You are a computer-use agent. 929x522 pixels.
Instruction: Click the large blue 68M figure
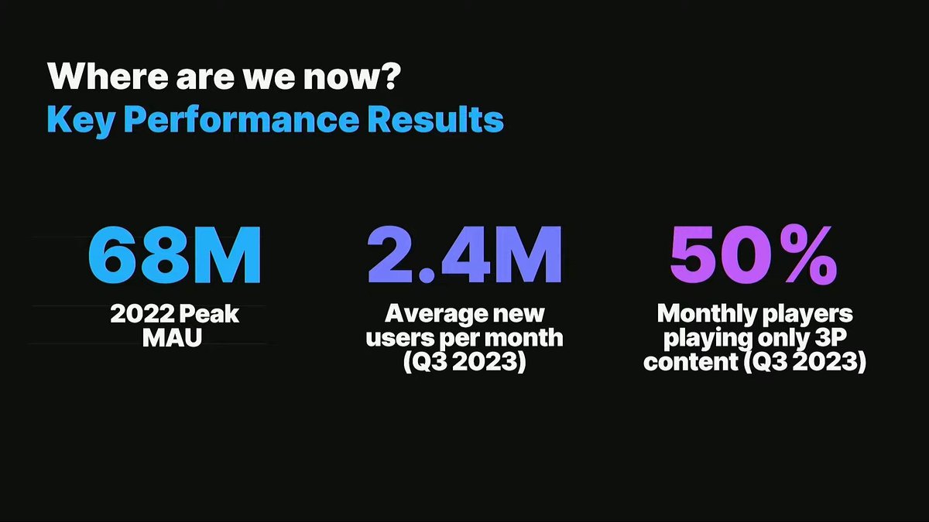(175, 254)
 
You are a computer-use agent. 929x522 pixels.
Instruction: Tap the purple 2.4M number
(464, 254)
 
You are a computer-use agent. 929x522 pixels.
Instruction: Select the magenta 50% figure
(753, 255)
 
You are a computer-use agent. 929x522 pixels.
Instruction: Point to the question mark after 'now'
(390, 76)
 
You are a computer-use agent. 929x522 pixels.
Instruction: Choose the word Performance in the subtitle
(242, 121)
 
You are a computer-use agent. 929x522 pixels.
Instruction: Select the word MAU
(172, 338)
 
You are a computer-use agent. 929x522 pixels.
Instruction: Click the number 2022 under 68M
(142, 314)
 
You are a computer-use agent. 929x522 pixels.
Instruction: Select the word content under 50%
(691, 362)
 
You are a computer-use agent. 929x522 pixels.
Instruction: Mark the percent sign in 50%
(807, 255)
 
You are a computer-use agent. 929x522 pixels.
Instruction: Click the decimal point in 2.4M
(427, 275)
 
